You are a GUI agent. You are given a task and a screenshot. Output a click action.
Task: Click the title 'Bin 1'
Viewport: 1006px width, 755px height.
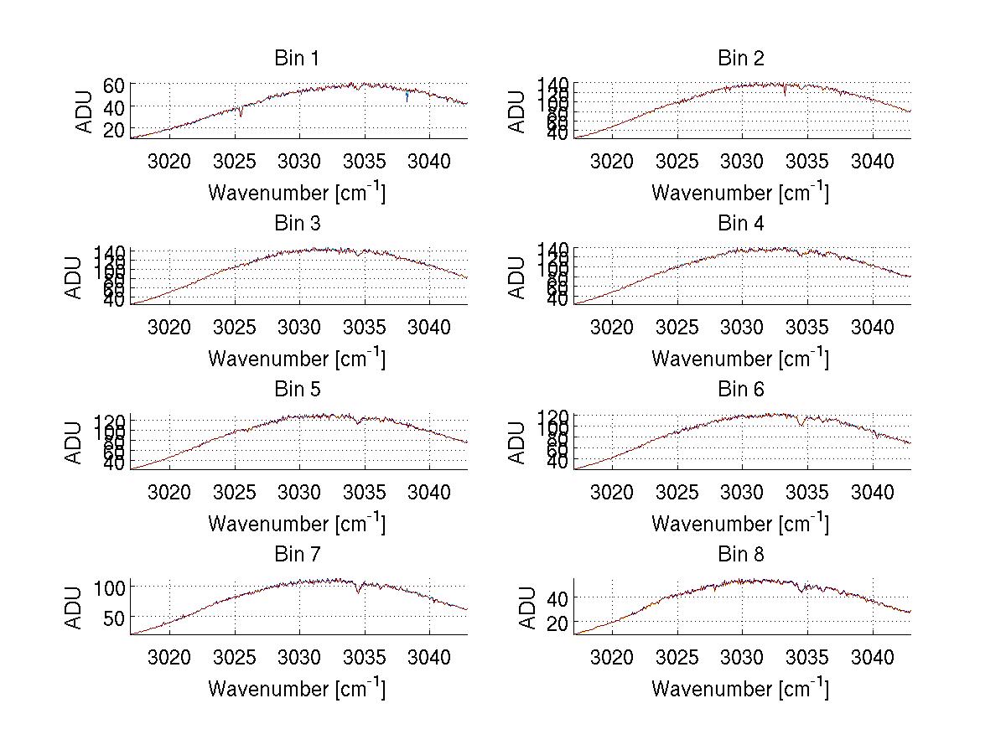click(297, 59)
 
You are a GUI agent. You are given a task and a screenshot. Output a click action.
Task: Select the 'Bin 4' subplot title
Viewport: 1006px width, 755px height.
click(740, 224)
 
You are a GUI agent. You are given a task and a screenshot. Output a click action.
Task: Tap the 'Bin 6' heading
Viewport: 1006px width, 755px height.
click(740, 390)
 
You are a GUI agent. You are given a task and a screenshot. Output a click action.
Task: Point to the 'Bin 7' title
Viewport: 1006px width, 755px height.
click(297, 555)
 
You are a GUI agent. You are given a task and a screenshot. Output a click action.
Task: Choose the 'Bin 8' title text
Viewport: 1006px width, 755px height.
click(740, 555)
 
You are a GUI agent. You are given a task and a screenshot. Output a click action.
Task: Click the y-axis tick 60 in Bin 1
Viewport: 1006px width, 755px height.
click(114, 85)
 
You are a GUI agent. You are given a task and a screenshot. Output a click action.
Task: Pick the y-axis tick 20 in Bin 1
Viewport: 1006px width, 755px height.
click(114, 129)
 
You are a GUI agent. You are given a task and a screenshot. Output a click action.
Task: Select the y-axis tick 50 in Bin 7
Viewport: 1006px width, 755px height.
click(114, 618)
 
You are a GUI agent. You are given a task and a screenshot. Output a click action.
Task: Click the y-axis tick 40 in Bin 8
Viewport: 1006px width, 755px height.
click(557, 597)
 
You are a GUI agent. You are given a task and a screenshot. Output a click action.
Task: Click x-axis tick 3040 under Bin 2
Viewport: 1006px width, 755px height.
click(873, 161)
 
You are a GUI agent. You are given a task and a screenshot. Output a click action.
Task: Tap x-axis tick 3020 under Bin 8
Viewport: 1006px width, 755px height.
click(612, 657)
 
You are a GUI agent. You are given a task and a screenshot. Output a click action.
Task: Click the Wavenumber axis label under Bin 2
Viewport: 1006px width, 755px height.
click(740, 193)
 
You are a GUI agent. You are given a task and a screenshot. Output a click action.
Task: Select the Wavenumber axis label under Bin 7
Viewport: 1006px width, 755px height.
click(297, 689)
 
